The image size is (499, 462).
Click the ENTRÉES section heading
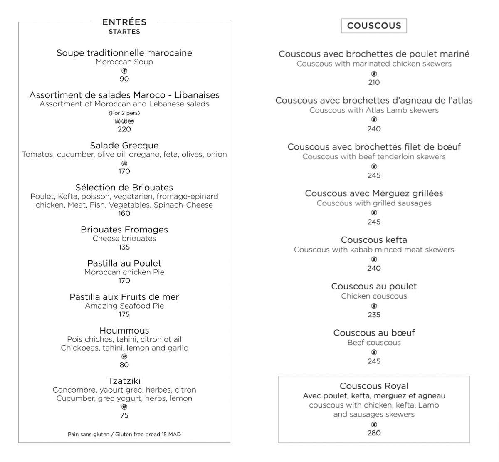[124, 22]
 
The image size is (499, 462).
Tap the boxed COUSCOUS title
[374, 26]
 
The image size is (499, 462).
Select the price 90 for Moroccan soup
[124, 79]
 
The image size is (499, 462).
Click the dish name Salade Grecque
[124, 146]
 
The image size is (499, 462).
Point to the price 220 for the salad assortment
[124, 129]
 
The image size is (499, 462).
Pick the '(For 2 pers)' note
[124, 113]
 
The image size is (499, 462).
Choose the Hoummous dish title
[124, 331]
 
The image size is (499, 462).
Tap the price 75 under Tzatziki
[124, 415]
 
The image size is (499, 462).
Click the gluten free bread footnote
[124, 434]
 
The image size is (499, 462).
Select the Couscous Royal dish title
[374, 386]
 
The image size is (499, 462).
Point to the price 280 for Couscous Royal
[374, 433]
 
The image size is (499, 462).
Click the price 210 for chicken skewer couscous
[374, 82]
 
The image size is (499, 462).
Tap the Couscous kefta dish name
[374, 240]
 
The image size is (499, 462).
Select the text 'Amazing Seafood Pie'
[124, 306]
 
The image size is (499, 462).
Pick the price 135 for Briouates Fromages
[124, 247]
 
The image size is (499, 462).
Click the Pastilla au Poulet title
[124, 263]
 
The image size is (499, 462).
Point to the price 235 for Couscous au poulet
[374, 315]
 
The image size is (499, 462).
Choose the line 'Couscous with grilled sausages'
[374, 203]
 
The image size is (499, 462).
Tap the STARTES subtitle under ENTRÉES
[124, 32]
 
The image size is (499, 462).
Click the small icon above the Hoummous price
[124, 356]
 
